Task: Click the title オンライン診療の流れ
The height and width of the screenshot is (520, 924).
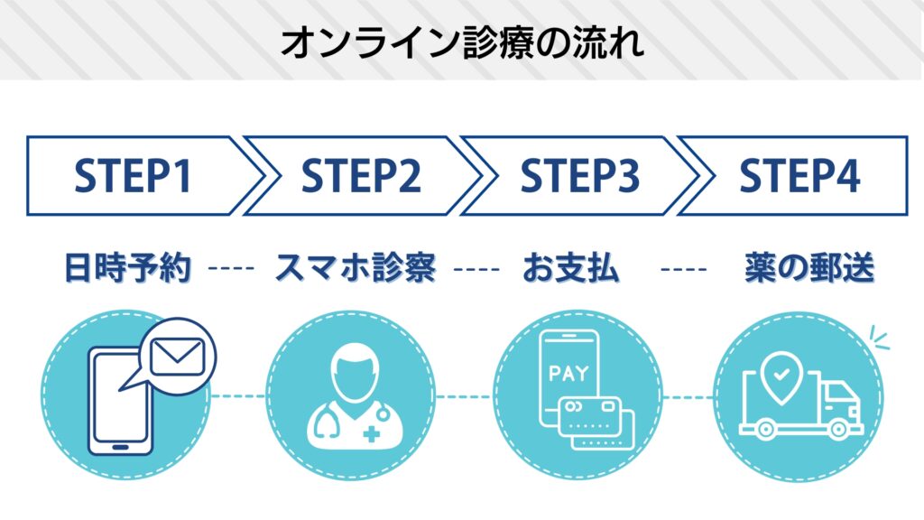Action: tap(462, 41)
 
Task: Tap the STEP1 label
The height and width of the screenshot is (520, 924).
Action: tap(133, 176)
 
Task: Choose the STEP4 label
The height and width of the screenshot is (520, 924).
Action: tap(799, 176)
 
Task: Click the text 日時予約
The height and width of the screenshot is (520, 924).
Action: tap(129, 268)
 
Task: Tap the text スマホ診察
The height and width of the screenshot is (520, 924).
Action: tap(355, 268)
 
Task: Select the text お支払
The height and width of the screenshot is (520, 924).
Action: tap(571, 268)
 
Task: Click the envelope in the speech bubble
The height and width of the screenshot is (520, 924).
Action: tap(176, 357)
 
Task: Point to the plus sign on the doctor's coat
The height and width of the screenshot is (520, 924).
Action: tap(370, 434)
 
